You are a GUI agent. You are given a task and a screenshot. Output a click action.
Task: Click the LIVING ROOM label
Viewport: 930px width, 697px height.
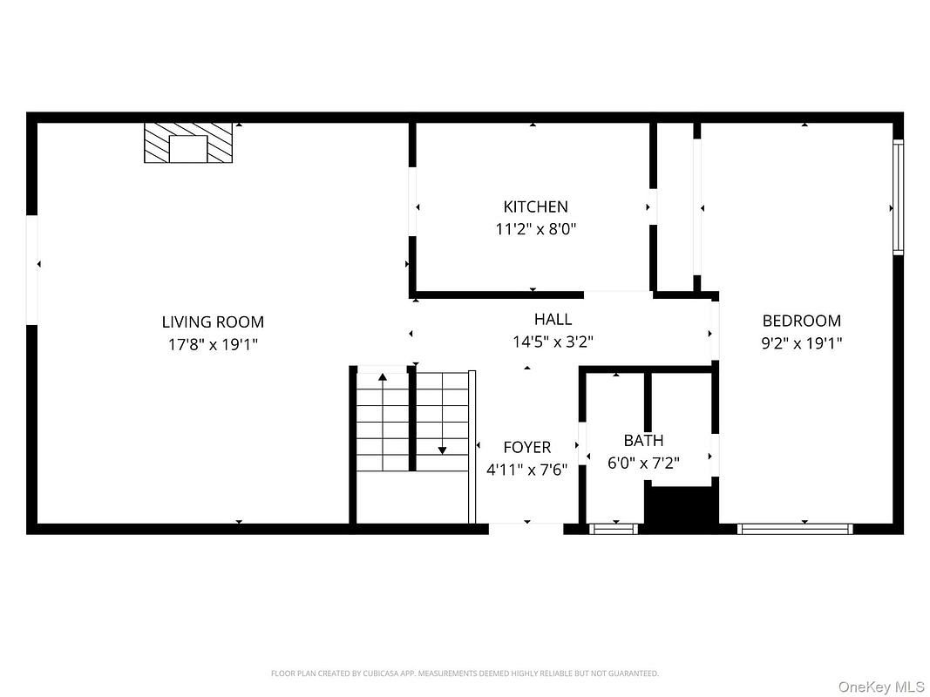click(213, 321)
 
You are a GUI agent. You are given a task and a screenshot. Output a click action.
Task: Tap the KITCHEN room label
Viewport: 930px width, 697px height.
click(535, 206)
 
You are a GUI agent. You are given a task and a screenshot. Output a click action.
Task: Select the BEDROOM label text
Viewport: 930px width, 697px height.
click(801, 321)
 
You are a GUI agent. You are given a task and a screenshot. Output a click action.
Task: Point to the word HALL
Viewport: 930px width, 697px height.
click(553, 320)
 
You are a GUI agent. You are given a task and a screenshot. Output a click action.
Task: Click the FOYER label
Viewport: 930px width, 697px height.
click(526, 447)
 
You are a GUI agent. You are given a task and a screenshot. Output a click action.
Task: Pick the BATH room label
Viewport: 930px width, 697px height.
click(643, 440)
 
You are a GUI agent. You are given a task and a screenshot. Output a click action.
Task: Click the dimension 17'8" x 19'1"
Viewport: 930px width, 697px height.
click(213, 344)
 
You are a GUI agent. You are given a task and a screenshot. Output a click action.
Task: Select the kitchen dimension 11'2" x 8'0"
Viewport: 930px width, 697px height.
click(535, 229)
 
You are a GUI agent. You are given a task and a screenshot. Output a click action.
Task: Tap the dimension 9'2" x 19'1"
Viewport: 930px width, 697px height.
click(801, 343)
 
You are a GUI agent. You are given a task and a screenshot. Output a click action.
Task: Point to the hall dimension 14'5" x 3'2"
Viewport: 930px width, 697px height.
click(553, 342)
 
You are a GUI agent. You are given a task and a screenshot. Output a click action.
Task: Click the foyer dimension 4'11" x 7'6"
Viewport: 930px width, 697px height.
click(526, 470)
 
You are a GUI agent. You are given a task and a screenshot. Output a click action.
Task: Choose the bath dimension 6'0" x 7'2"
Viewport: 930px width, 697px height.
click(643, 463)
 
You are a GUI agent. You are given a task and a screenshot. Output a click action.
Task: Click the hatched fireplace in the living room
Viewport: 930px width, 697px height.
click(188, 143)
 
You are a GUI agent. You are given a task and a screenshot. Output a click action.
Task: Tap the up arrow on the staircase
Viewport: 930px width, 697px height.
click(383, 421)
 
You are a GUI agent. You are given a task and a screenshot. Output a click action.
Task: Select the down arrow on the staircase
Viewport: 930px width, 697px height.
click(442, 414)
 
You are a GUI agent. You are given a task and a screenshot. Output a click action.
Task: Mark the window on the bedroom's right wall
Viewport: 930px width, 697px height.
click(899, 198)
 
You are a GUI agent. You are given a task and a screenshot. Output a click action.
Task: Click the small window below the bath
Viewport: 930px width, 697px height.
click(614, 529)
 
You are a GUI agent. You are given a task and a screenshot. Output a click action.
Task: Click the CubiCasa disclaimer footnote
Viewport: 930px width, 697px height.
click(465, 673)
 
